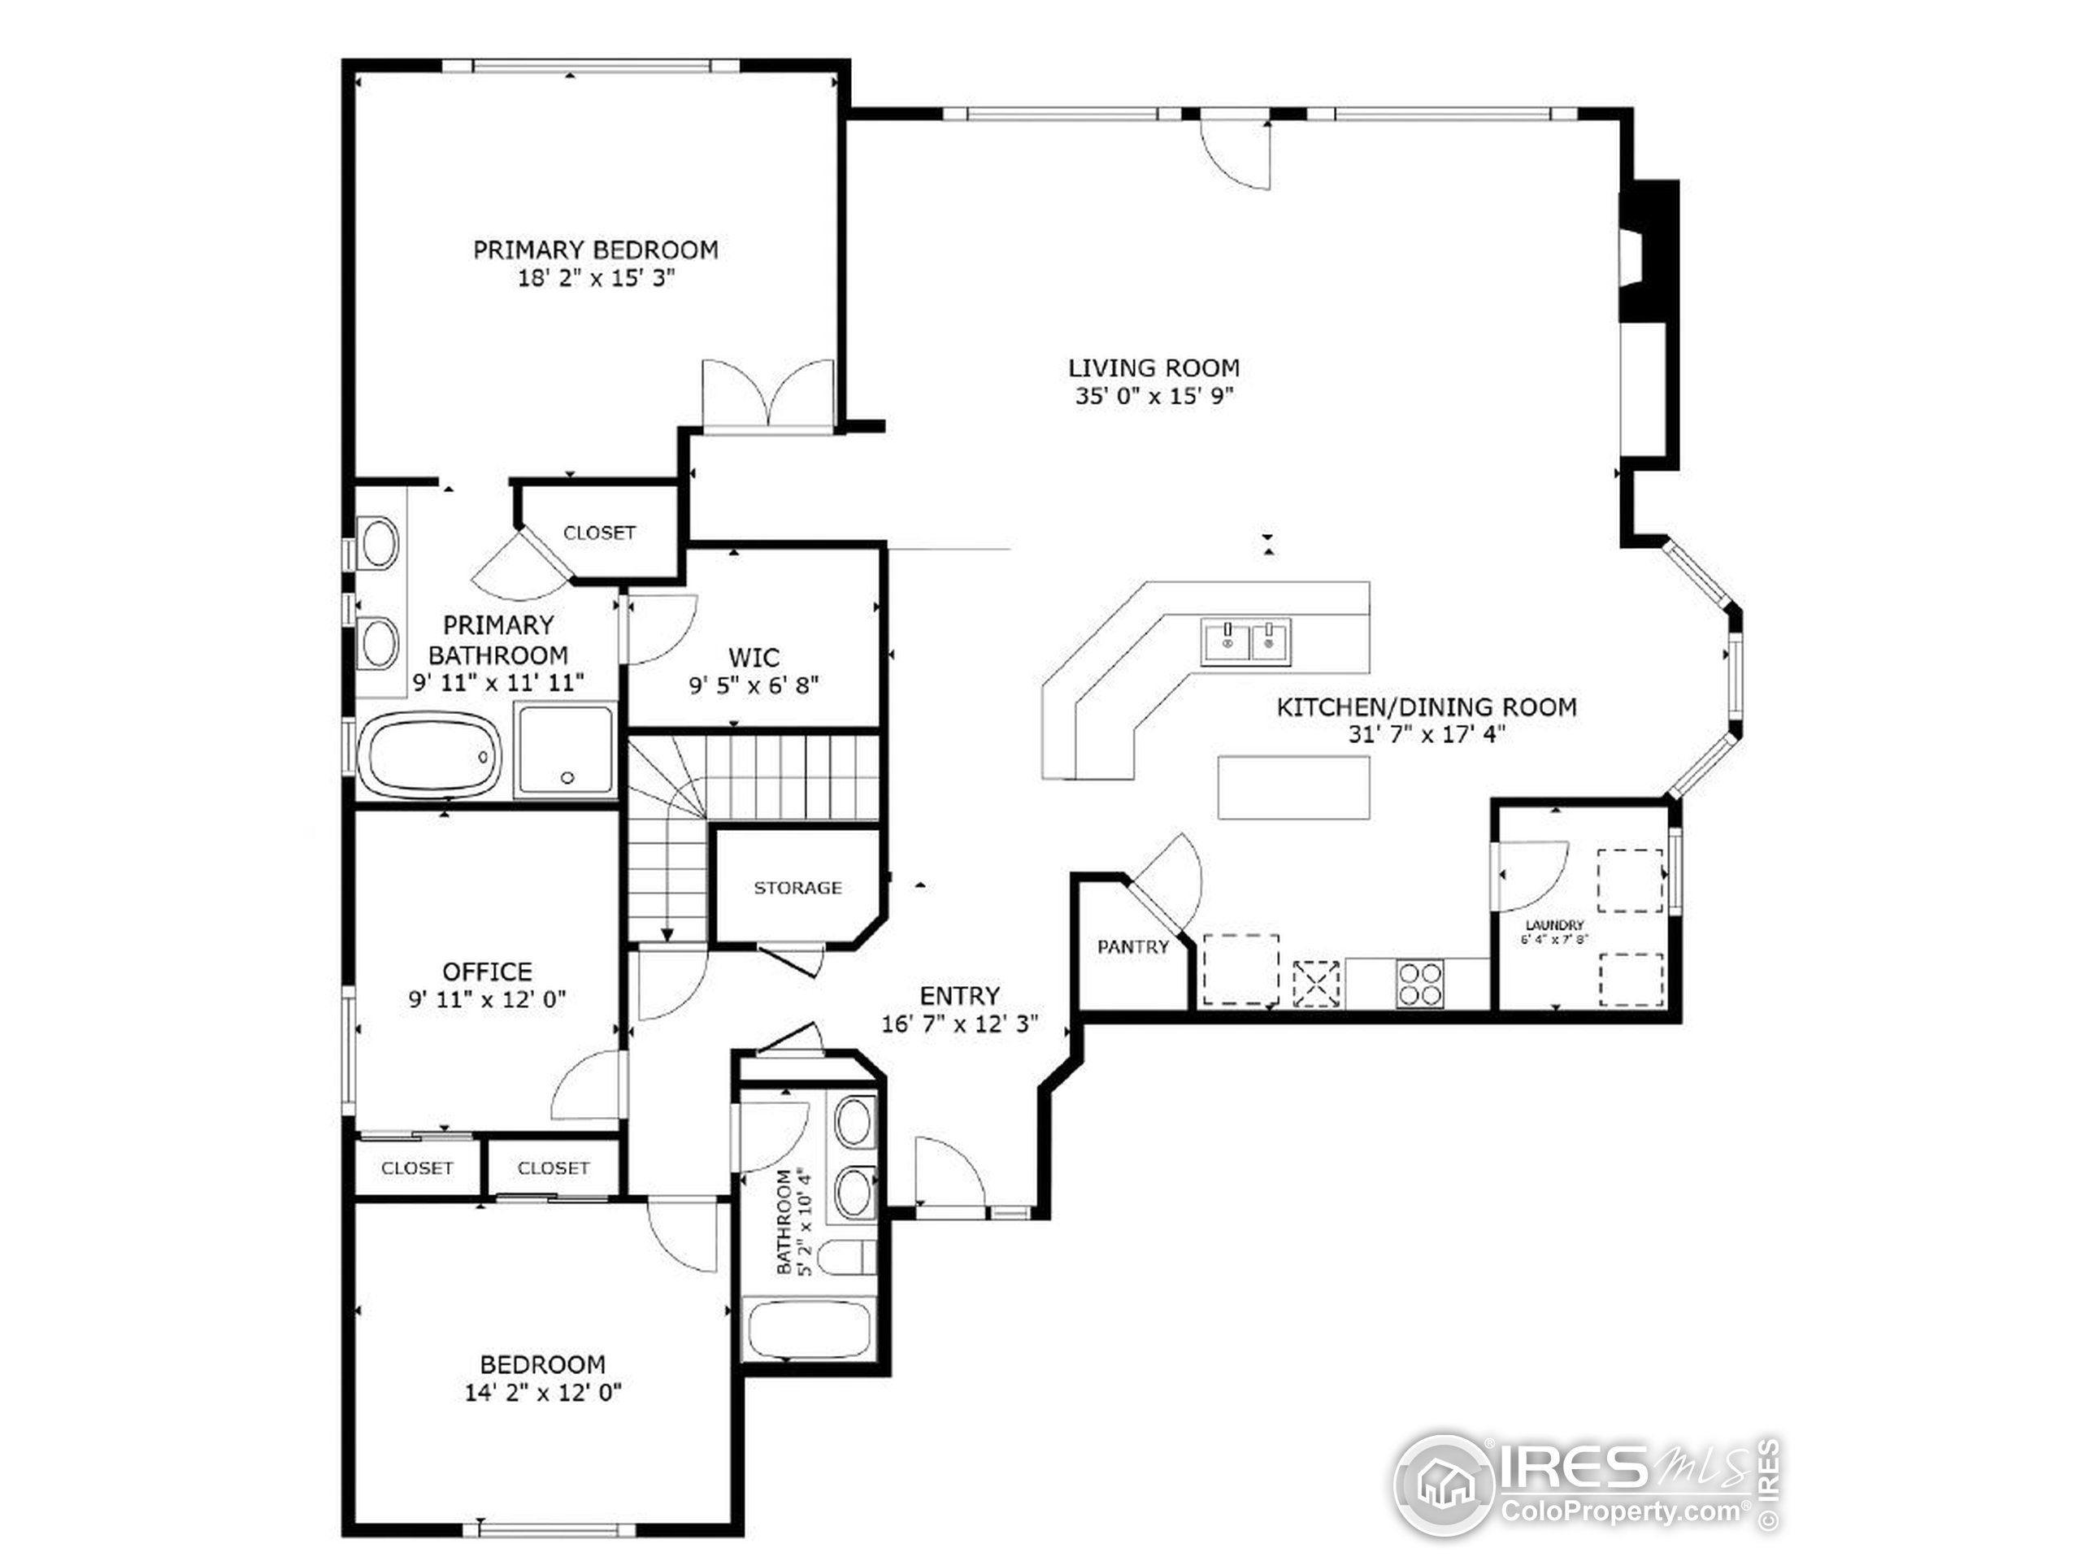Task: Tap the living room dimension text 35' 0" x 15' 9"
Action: click(1153, 396)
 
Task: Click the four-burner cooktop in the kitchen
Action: click(1419, 983)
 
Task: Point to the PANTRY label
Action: click(1132, 947)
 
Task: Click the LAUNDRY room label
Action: click(1554, 925)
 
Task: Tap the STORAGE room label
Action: click(797, 887)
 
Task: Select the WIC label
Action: click(754, 657)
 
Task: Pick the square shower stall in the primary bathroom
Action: click(567, 750)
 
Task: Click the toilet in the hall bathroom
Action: click(845, 1258)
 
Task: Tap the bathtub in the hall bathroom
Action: click(810, 1328)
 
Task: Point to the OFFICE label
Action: click(486, 971)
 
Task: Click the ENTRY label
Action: click(958, 995)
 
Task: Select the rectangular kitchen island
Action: click(1293, 788)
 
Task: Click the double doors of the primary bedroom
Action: click(767, 395)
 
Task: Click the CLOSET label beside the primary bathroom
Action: click(599, 533)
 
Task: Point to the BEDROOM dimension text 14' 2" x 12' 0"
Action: click(543, 1392)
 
